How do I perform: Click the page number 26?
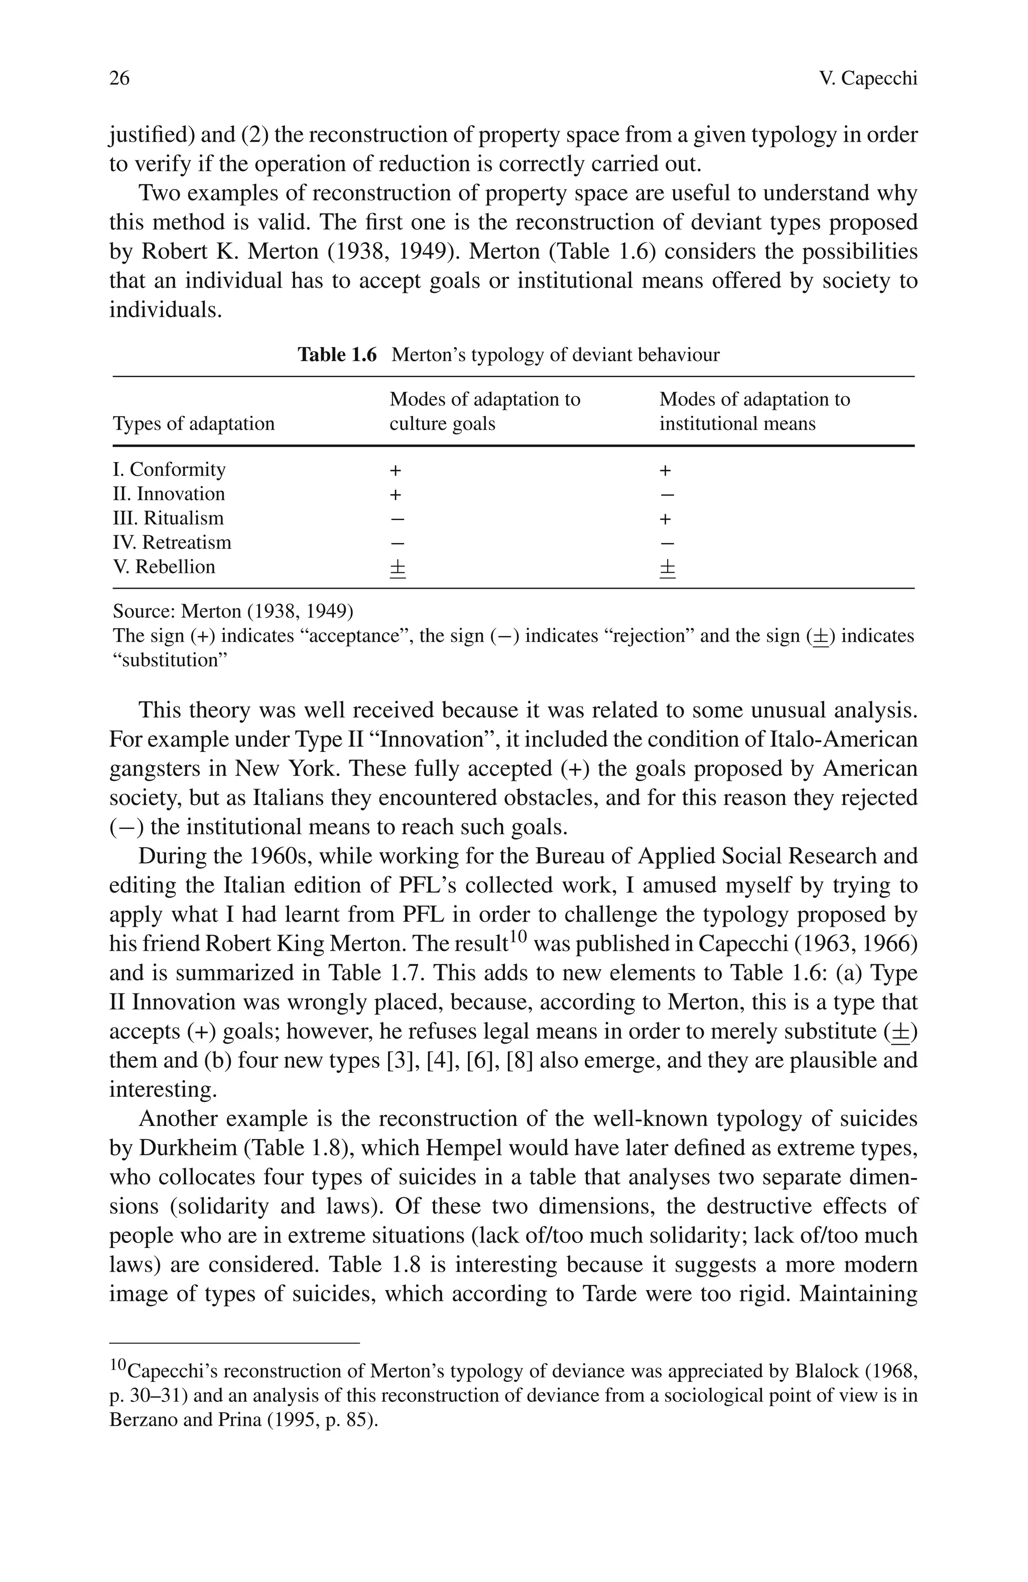click(119, 78)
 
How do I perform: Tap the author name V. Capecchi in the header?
click(868, 78)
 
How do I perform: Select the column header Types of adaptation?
click(193, 423)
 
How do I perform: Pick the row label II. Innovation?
click(169, 494)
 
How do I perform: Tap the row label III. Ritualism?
click(168, 518)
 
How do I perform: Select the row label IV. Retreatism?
click(172, 542)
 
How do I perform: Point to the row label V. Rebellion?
click(164, 567)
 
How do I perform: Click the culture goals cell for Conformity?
click(396, 471)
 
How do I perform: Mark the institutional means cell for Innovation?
click(667, 495)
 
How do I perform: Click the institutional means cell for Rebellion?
click(667, 569)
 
